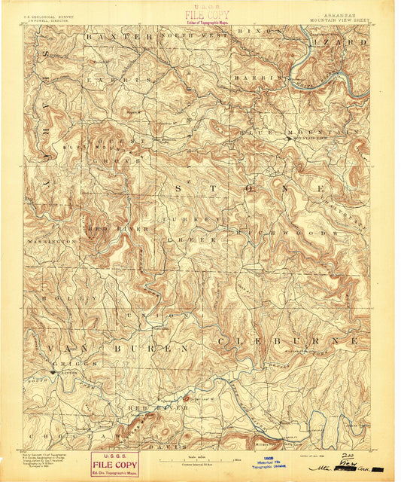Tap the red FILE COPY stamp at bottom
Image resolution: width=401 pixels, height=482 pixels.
(x=114, y=464)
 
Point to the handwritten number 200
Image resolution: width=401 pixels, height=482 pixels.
(x=347, y=456)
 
